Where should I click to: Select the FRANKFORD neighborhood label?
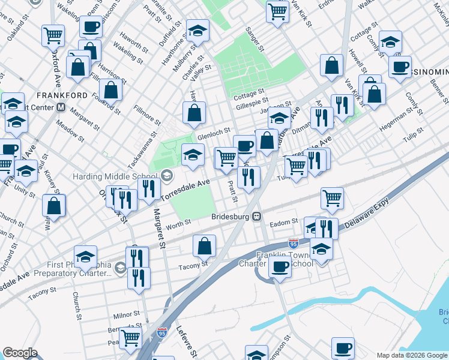click(x=62, y=95)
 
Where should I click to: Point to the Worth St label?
click(x=179, y=223)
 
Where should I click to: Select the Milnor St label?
click(x=126, y=315)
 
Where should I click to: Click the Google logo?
click(x=20, y=353)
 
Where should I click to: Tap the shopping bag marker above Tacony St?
click(x=204, y=245)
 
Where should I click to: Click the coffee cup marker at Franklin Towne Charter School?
click(x=279, y=267)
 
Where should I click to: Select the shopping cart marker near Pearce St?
click(x=130, y=337)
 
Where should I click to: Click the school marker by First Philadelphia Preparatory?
click(x=85, y=256)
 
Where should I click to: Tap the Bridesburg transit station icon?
click(x=256, y=216)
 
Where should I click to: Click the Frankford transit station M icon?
click(x=60, y=108)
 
